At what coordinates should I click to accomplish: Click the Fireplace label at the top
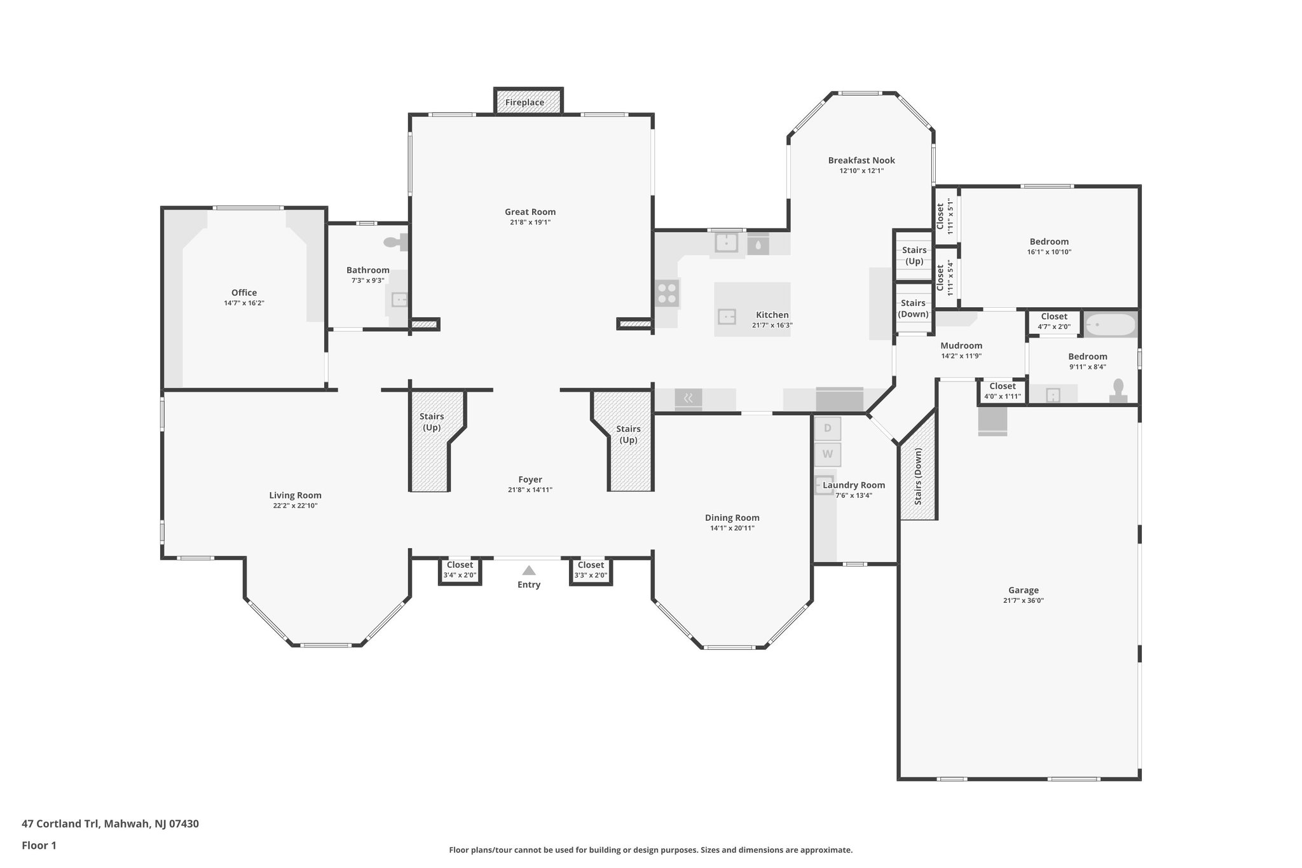524,102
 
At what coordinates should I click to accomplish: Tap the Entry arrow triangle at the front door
529,570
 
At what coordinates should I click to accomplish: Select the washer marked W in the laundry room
828,454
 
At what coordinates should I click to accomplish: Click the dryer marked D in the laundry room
828,428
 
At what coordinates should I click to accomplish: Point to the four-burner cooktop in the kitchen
667,294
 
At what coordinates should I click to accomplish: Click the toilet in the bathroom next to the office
394,242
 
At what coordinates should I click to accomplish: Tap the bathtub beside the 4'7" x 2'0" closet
1110,325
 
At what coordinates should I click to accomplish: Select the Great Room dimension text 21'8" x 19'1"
530,223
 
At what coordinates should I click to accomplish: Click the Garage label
1023,590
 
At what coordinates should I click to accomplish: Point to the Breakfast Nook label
861,160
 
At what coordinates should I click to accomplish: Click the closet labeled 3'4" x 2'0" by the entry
460,570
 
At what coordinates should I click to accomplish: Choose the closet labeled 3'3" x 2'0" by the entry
591,570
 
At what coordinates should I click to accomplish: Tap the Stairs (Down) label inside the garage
918,477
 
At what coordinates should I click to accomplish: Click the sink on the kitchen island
727,316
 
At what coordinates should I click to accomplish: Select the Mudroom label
961,346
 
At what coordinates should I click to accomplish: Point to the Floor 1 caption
39,845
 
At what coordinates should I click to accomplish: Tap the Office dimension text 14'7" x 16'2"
243,303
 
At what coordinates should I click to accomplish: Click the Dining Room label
732,518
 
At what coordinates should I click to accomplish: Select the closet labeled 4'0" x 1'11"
1002,391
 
